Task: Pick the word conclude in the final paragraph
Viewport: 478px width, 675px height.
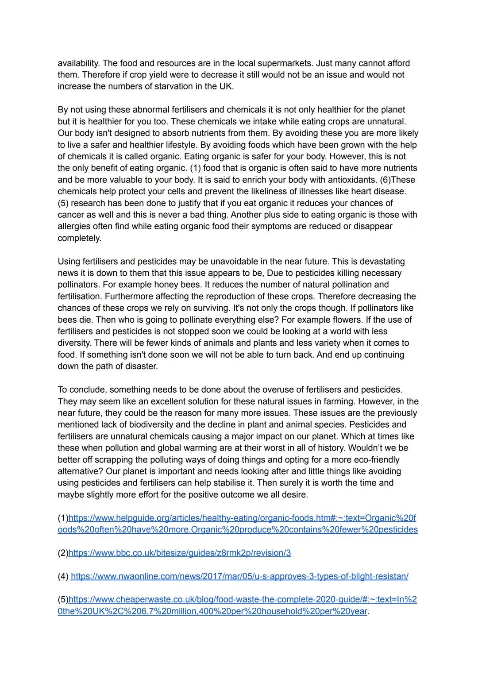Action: (86, 390)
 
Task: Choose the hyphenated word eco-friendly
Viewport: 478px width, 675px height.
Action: (373, 460)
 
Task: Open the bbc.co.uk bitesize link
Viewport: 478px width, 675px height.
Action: (180, 553)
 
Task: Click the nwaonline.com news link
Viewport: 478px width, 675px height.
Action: (239, 576)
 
